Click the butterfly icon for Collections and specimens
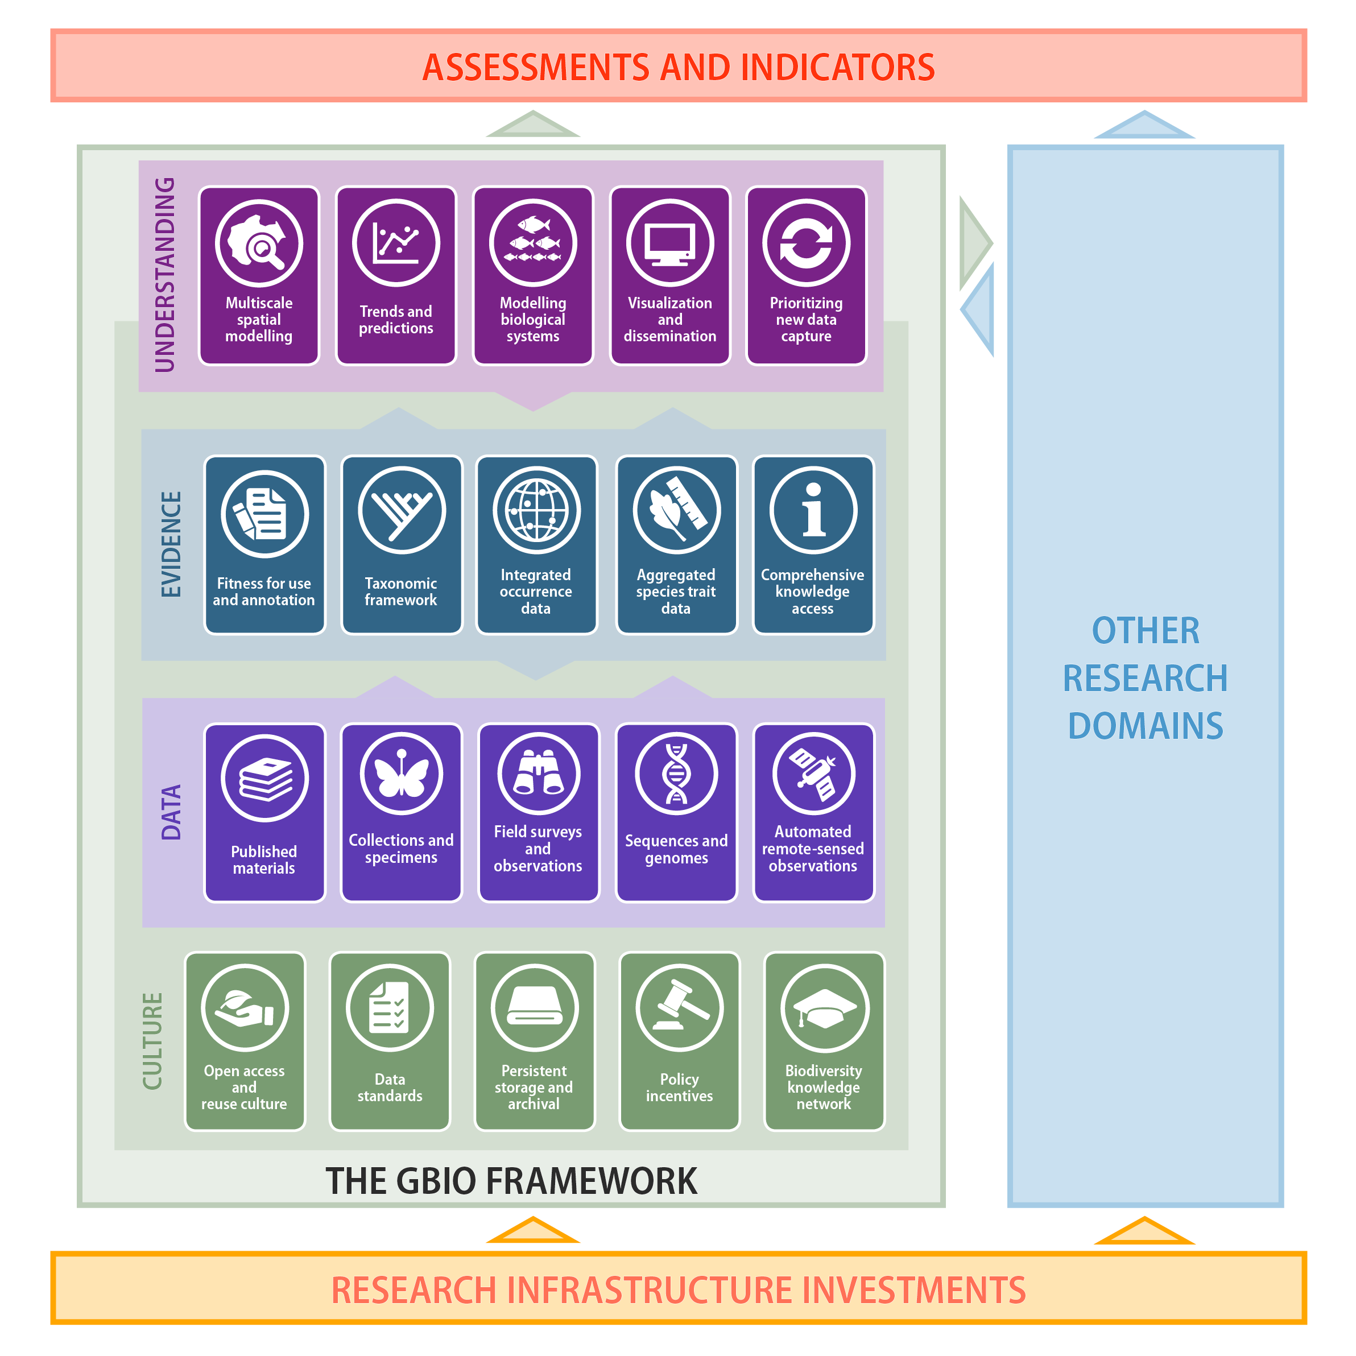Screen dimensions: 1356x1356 (402, 774)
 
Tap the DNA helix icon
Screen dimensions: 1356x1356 (677, 774)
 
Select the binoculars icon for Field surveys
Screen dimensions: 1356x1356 (539, 774)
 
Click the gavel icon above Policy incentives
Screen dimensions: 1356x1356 (679, 1008)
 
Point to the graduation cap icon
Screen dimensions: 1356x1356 (825, 1008)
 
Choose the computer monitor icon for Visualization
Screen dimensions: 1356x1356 (670, 243)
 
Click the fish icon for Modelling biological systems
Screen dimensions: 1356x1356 (534, 243)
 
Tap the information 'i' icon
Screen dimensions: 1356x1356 (813, 510)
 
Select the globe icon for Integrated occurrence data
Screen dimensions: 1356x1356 (537, 510)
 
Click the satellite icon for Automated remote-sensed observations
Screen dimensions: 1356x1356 (814, 774)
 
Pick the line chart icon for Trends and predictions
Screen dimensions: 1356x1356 (396, 243)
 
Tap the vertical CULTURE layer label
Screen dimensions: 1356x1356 (152, 1041)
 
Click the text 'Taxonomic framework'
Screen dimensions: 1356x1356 (401, 592)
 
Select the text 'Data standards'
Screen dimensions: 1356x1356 (390, 1087)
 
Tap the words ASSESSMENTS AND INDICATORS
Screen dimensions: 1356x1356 (679, 67)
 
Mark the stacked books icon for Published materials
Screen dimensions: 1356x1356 (264, 778)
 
